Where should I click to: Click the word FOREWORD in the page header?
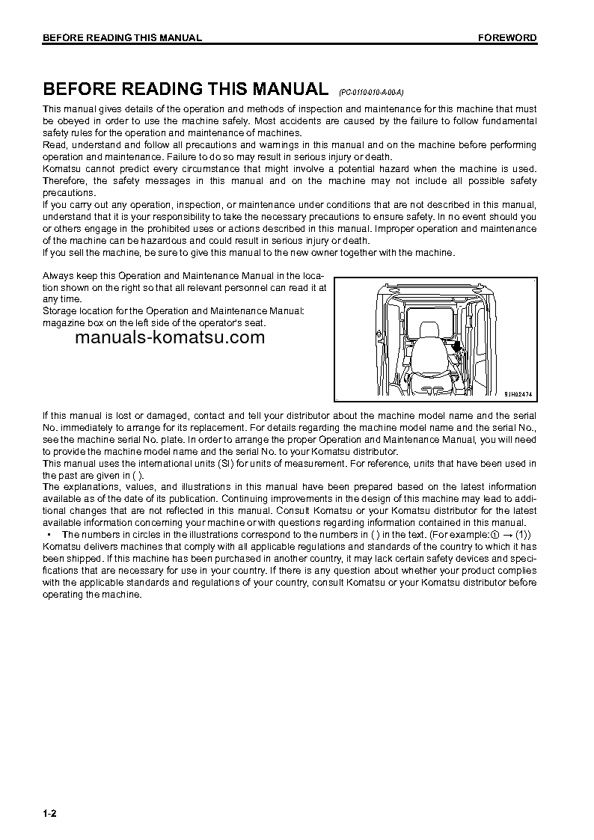(507, 38)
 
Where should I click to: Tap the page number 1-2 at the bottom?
(50, 813)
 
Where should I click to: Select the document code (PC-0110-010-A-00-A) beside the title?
(371, 91)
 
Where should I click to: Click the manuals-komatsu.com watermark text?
(170, 337)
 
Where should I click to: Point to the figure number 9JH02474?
(522, 393)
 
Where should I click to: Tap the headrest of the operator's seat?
(430, 329)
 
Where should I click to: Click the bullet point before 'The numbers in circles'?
(48, 534)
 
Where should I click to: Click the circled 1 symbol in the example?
(494, 534)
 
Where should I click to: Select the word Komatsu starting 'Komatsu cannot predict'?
(62, 168)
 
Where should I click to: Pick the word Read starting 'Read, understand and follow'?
(54, 144)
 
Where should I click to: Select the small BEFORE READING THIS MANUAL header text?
(122, 38)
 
